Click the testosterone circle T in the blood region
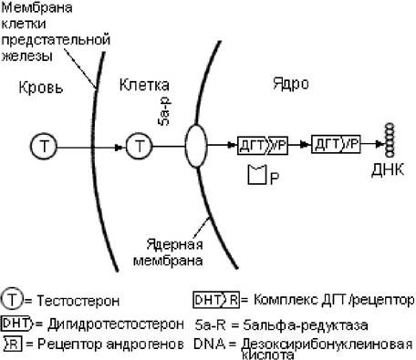click(44, 146)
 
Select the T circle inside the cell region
click(140, 146)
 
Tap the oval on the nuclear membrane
click(196, 146)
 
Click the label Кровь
click(41, 87)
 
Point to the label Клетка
click(144, 85)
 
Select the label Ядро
click(291, 83)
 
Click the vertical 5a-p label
click(164, 111)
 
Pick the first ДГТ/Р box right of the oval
click(263, 146)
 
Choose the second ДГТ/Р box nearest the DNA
click(336, 143)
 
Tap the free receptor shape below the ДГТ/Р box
click(257, 174)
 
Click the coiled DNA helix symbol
click(390, 140)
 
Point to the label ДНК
click(388, 170)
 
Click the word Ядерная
click(174, 244)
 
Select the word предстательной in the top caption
click(56, 40)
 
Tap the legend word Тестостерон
click(78, 301)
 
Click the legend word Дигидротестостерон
click(116, 324)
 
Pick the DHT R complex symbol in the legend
click(216, 300)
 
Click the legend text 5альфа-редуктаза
click(306, 325)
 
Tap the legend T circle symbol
click(12, 300)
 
